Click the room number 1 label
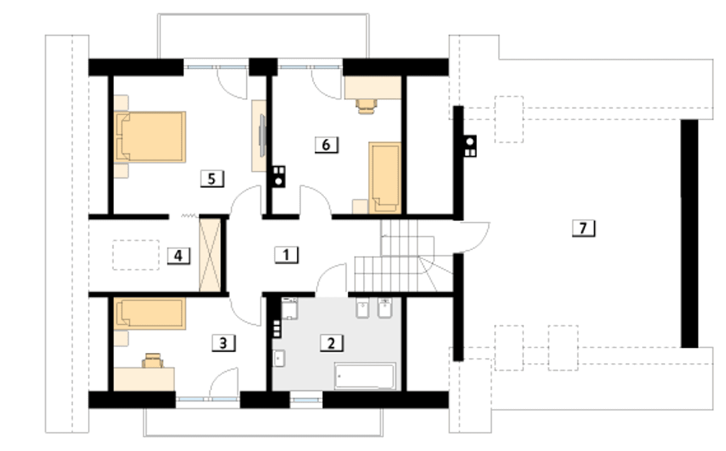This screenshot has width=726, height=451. tap(286, 255)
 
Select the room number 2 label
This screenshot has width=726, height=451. tap(331, 343)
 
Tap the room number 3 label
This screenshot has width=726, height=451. tap(223, 343)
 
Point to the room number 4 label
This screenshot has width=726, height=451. tap(178, 256)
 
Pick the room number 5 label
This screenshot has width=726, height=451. tap(212, 179)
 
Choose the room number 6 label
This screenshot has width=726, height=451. tap(326, 145)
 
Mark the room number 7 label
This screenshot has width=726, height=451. tap(583, 228)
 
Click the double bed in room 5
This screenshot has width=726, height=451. tap(150, 137)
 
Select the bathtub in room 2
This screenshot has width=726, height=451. tap(365, 376)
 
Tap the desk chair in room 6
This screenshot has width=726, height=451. tap(366, 106)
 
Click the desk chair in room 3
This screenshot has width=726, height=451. tap(153, 361)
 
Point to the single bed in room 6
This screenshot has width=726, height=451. tap(385, 178)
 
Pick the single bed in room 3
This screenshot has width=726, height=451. tap(150, 314)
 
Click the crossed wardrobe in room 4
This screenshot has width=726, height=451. tap(210, 255)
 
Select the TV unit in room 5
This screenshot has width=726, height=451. tap(259, 136)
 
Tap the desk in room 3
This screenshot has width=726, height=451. tap(144, 379)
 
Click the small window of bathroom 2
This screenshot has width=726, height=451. tap(306, 400)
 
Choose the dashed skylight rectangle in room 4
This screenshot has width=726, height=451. tap(136, 255)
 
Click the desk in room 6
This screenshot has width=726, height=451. tap(373, 87)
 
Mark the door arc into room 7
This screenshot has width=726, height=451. tap(480, 243)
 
